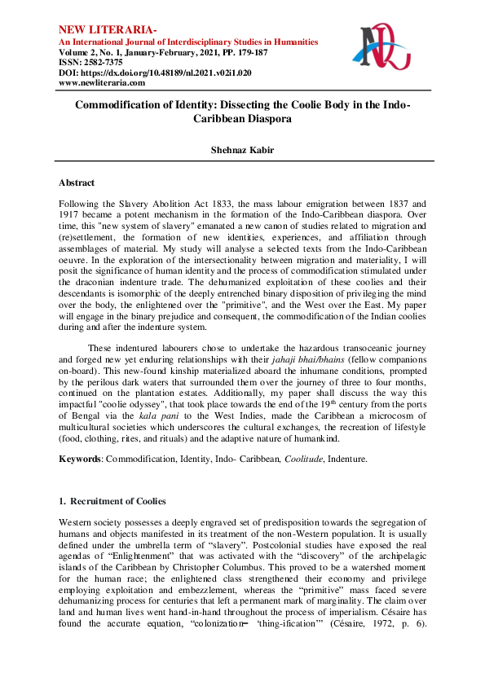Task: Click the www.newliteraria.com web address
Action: [102, 82]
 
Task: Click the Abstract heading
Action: [77, 183]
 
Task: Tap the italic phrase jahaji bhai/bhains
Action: [289, 338]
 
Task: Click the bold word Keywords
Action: [78, 459]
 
